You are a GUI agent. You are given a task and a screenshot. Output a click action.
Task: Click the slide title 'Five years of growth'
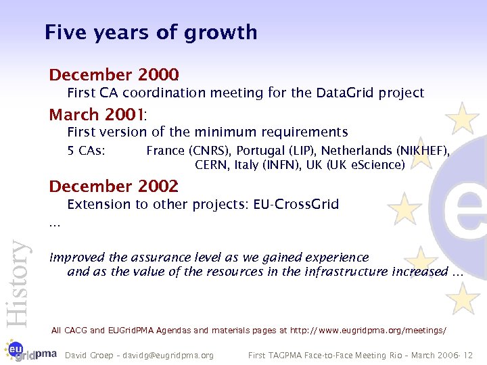(x=150, y=32)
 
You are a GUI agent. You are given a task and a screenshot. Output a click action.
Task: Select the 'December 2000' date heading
(x=114, y=74)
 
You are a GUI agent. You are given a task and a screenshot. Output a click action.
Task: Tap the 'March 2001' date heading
(x=102, y=114)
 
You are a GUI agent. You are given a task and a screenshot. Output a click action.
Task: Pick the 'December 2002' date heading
(x=114, y=186)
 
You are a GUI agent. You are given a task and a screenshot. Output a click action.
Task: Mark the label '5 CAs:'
(x=86, y=151)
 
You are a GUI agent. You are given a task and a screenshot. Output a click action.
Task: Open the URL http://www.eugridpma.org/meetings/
(x=368, y=331)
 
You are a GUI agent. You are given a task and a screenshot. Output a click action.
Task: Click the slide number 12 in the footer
(x=469, y=355)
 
